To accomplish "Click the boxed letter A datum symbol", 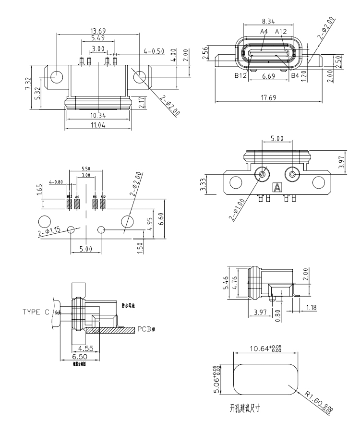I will click(276, 188).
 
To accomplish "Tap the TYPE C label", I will click(36, 312).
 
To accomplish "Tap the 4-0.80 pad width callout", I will click(57, 182).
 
